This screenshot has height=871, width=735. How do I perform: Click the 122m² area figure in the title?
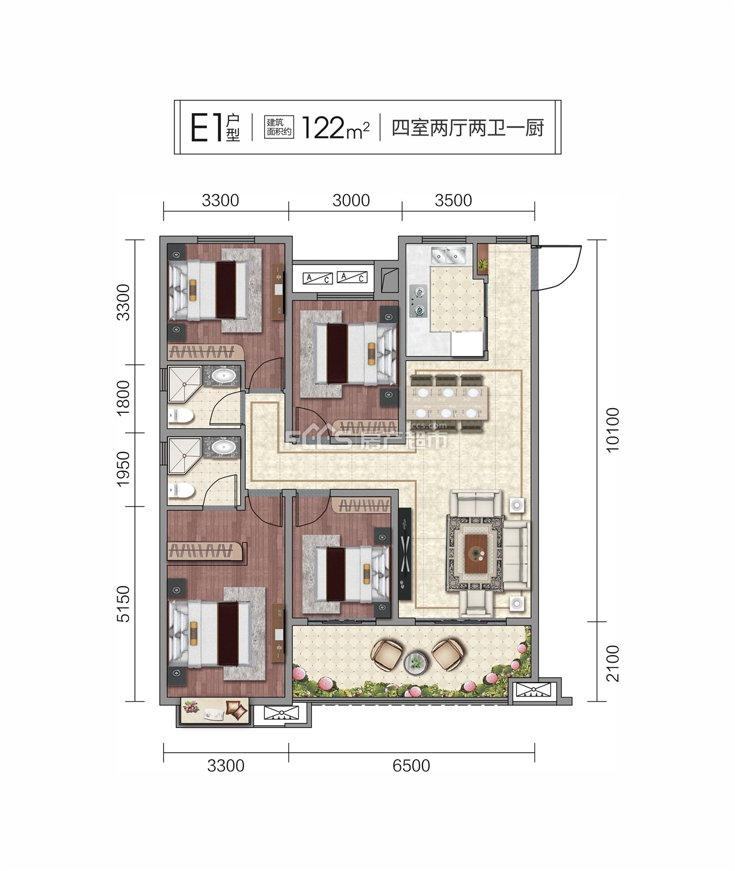pos(335,128)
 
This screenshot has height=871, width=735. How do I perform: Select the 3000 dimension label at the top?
pos(351,200)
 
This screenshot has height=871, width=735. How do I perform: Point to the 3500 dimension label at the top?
pos(454,200)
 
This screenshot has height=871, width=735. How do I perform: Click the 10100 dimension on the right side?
pos(612,429)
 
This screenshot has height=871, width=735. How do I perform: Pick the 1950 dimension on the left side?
pos(123,469)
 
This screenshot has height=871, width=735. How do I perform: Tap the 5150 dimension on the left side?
pos(123,604)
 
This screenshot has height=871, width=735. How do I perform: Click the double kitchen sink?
pos(448,254)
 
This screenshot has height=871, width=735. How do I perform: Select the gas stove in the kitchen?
pos(418,301)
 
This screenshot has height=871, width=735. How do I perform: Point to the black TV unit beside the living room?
pos(405,553)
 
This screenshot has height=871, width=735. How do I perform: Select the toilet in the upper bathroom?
pos(181,416)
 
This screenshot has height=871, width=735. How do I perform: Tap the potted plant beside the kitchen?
pos(483,264)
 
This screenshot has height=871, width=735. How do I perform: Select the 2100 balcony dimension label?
pos(612,663)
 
